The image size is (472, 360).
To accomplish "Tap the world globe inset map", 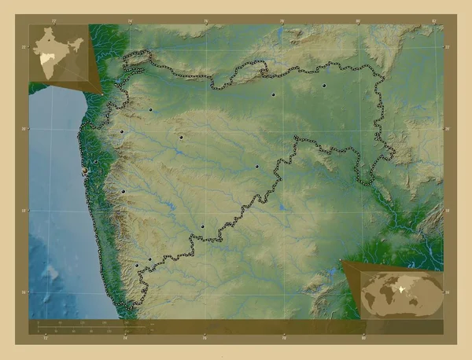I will [x=401, y=292].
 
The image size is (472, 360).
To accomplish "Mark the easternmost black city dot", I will [x=324, y=84].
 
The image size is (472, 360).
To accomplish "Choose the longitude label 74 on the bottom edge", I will [x=126, y=339].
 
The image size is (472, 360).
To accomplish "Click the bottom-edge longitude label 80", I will [x=361, y=339].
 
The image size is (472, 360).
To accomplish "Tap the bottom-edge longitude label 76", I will [x=205, y=339].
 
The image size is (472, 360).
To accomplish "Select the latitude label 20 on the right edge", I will [x=447, y=129].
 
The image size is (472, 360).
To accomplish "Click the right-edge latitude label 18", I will [x=447, y=211].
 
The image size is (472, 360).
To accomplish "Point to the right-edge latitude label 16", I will [x=447, y=292].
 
